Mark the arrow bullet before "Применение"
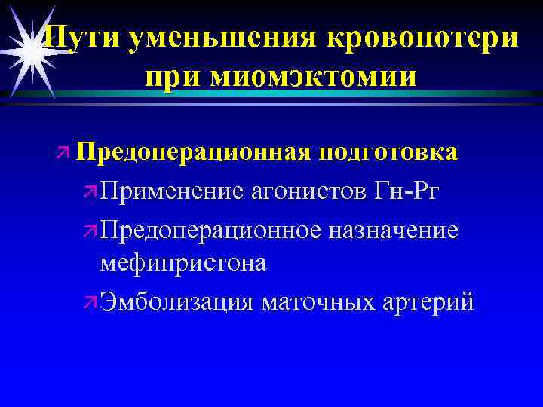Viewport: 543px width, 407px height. point(90,191)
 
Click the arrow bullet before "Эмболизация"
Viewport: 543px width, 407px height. point(90,302)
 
